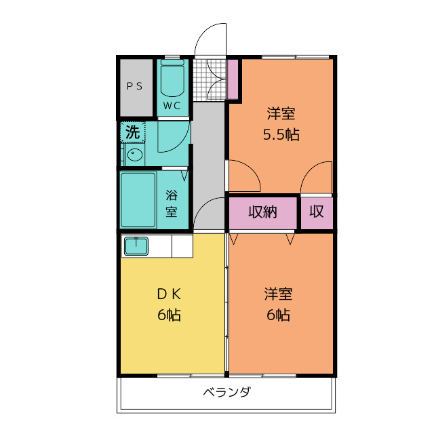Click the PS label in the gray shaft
coord(134,86)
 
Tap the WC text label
coord(172,106)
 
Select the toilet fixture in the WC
coord(173,79)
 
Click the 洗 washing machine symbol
coord(133,132)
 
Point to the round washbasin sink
coord(134,155)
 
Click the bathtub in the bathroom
coord(138,199)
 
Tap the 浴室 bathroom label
coord(172,202)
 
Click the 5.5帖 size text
coord(281,134)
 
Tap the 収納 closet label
coord(262,212)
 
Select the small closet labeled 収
coord(317,212)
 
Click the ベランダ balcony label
coord(226,393)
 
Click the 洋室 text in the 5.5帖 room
coord(281,113)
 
